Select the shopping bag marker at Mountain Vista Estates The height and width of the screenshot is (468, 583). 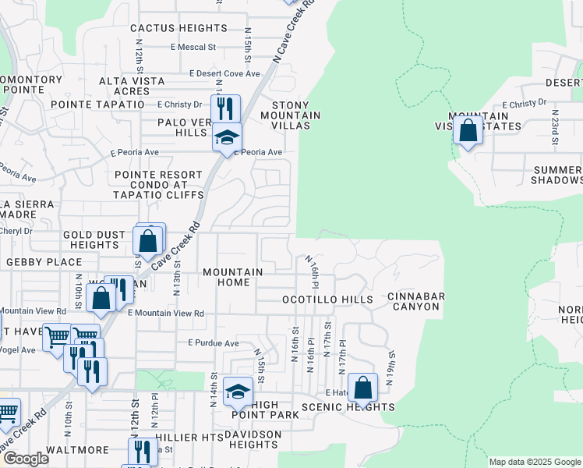468,130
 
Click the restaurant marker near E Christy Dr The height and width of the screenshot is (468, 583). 225,108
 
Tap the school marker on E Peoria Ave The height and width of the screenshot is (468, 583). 227,138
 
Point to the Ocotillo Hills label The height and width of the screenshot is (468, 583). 327,300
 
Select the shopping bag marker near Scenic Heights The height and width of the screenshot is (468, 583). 362,388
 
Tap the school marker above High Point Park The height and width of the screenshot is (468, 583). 238,392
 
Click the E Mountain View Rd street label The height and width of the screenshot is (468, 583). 166,314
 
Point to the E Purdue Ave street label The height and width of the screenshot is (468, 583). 214,343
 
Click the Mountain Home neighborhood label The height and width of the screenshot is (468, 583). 232,277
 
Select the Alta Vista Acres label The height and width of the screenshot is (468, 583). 132,87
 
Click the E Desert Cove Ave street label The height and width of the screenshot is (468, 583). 224,73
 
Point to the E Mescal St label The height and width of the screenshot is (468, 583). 193,47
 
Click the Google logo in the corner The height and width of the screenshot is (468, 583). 26,459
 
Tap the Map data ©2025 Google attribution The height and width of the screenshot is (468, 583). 535,462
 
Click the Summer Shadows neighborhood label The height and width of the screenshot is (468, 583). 556,175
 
